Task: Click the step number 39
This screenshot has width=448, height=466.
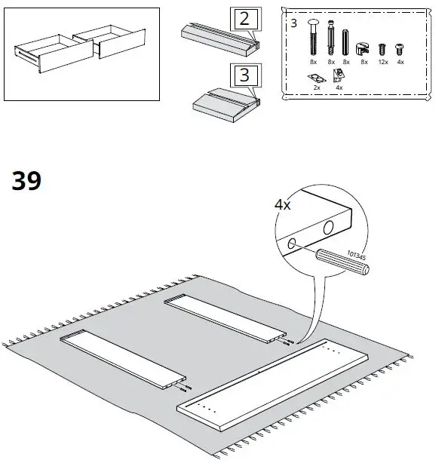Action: pos(26,182)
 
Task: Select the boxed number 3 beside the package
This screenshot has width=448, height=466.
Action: pos(244,75)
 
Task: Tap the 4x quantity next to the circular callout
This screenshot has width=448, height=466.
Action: pos(283,204)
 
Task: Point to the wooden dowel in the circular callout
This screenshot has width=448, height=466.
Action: pos(342,262)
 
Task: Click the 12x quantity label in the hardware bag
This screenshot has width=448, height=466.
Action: pos(382,62)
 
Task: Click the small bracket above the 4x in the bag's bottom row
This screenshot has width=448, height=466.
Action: pos(339,74)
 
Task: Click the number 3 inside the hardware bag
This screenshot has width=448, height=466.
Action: pos(293,23)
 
